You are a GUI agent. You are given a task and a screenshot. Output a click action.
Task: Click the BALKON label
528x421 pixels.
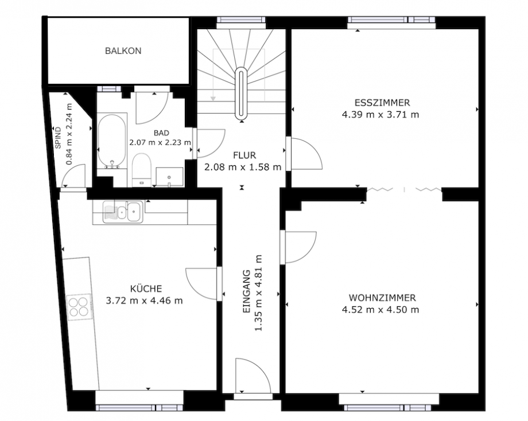[x=123, y=51]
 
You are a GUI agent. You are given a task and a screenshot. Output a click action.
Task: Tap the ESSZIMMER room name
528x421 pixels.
[x=382, y=103]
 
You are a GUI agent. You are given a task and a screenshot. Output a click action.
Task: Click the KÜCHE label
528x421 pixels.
[x=145, y=289]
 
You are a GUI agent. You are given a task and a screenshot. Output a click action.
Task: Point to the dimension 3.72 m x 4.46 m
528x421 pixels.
[x=145, y=300]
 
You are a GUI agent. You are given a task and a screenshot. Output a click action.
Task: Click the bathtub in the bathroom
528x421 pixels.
[x=112, y=141]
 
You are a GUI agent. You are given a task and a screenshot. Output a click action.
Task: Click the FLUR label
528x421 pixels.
[x=244, y=155]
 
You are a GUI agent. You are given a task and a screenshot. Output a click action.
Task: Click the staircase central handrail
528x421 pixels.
[x=242, y=94]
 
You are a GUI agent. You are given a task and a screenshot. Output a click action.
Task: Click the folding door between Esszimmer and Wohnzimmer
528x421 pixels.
[x=404, y=189]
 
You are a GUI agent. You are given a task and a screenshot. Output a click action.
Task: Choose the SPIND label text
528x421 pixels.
[x=58, y=138]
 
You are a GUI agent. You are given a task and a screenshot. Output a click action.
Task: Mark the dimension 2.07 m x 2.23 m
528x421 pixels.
[x=160, y=143]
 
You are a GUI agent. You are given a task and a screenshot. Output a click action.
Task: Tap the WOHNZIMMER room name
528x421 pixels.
[x=382, y=298]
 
